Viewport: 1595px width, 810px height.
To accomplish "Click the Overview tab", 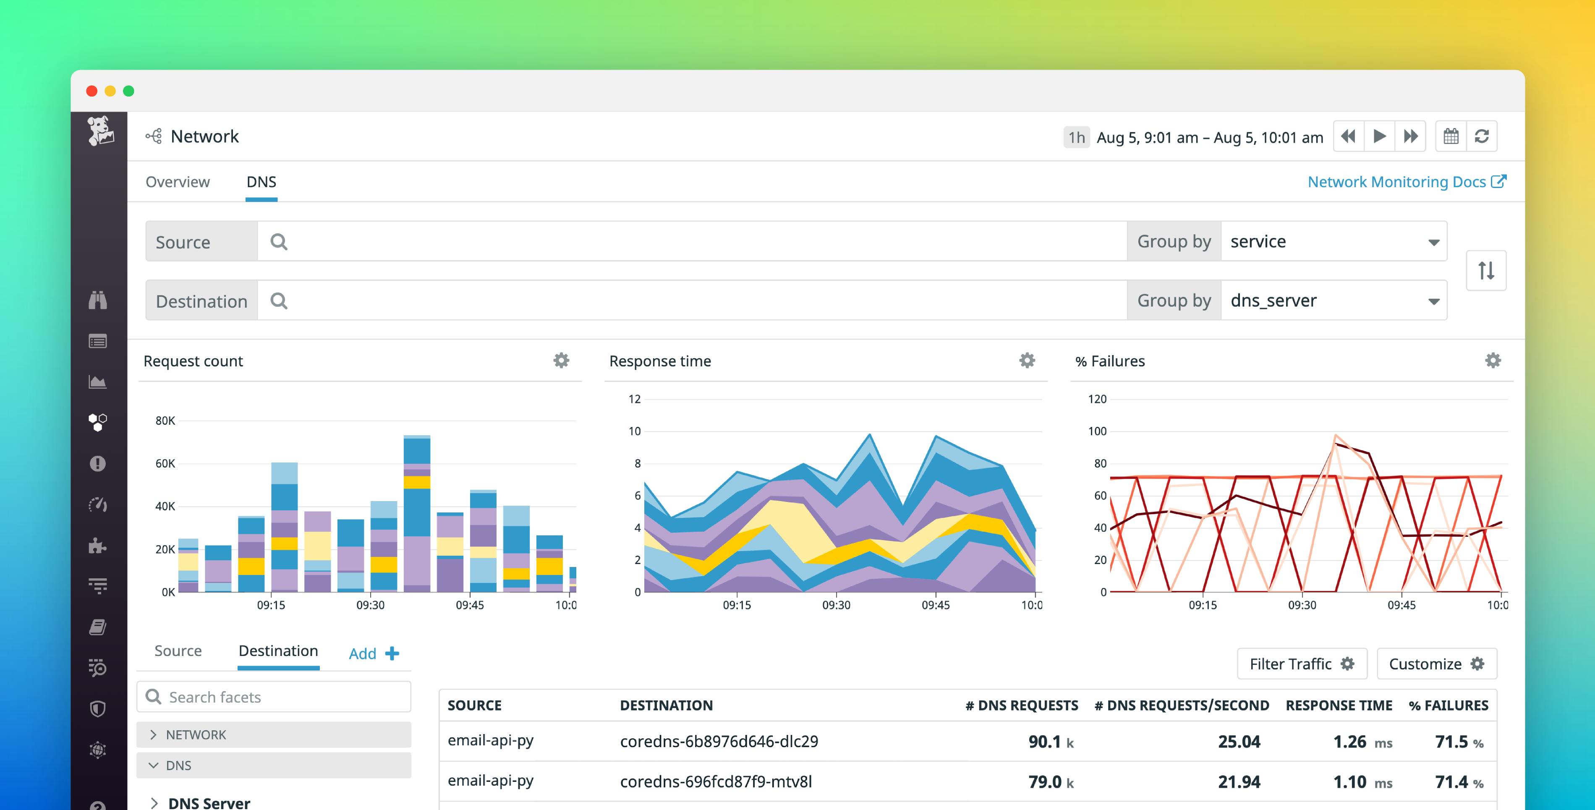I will pyautogui.click(x=177, y=182).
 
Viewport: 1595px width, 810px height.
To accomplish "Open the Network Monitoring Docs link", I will pyautogui.click(x=1406, y=182).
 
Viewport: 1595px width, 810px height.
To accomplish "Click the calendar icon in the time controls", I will pyautogui.click(x=1451, y=136).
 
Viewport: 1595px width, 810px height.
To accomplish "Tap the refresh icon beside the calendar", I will pyautogui.click(x=1482, y=136).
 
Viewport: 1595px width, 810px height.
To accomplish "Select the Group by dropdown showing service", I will pyautogui.click(x=1333, y=241).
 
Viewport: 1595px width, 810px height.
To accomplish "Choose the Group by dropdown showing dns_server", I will pyautogui.click(x=1333, y=301).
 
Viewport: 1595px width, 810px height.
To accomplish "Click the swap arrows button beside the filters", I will pyautogui.click(x=1486, y=271).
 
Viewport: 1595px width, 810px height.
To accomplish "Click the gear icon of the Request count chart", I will pyautogui.click(x=561, y=361).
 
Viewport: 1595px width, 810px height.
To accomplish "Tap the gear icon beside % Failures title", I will pyautogui.click(x=1493, y=361).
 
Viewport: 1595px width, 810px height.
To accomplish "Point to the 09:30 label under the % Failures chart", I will pyautogui.click(x=1302, y=605).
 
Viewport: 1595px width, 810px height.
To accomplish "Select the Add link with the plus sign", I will pyautogui.click(x=374, y=653).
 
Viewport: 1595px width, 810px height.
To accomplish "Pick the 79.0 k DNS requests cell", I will pyautogui.click(x=1051, y=782).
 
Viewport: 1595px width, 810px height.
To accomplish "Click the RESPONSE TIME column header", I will pyautogui.click(x=1339, y=705).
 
